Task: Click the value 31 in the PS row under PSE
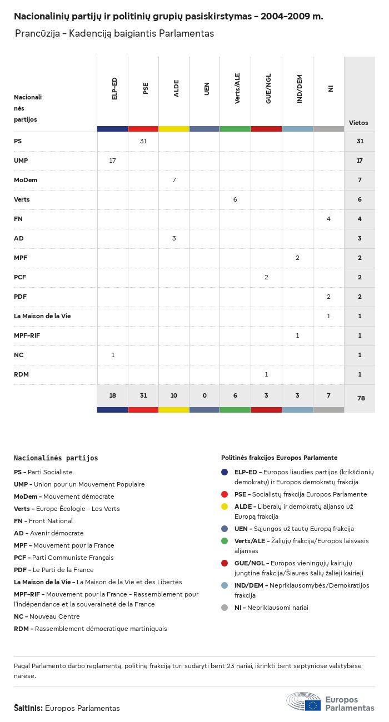(x=143, y=141)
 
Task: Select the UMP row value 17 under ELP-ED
(x=113, y=161)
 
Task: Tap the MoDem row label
(x=26, y=180)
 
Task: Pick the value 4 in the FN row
(x=328, y=219)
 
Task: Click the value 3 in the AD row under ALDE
(x=174, y=238)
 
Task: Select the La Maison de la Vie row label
(x=42, y=316)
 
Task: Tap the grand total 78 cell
(x=360, y=399)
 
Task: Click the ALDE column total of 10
(x=174, y=395)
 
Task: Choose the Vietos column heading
(x=358, y=123)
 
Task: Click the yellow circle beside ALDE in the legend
(x=225, y=507)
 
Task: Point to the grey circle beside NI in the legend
(x=225, y=608)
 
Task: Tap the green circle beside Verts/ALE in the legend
(x=225, y=541)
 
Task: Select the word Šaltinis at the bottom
(x=28, y=708)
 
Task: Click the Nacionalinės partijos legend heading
(x=56, y=458)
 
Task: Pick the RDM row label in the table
(x=21, y=374)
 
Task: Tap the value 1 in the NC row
(x=113, y=355)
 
